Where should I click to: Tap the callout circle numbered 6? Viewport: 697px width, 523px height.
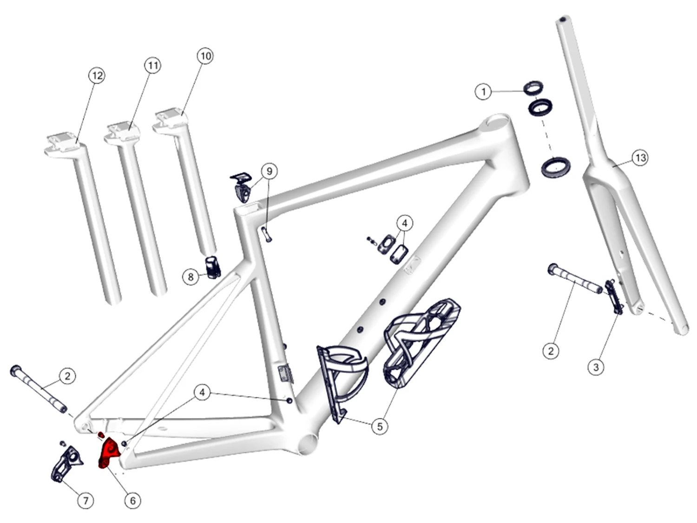[x=133, y=500]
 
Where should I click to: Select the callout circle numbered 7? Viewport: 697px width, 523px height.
[x=85, y=500]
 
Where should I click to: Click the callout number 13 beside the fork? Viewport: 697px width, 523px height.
[x=640, y=158]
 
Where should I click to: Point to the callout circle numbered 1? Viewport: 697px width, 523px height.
[x=484, y=92]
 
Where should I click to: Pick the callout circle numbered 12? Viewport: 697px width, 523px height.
[x=97, y=75]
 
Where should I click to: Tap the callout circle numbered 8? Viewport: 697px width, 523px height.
[x=191, y=277]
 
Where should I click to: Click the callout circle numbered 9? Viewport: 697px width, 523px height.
[x=270, y=171]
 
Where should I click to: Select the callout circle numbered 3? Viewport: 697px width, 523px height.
[x=596, y=367]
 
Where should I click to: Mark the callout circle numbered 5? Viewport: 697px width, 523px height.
[x=380, y=426]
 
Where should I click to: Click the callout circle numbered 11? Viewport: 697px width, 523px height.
[x=153, y=66]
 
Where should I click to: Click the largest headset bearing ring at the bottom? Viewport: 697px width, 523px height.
[x=556, y=166]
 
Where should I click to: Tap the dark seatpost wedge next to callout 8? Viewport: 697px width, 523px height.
[x=213, y=267]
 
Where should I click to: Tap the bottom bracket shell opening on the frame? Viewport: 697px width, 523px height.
[x=309, y=443]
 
